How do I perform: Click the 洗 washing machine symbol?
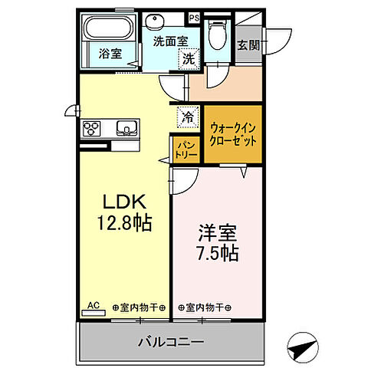pos(188,58)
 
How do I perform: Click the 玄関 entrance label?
pos(247,44)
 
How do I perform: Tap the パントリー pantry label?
pos(186,148)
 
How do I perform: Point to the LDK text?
pos(123,203)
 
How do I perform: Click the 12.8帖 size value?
pos(123,223)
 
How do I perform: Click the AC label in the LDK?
pos(93,306)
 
